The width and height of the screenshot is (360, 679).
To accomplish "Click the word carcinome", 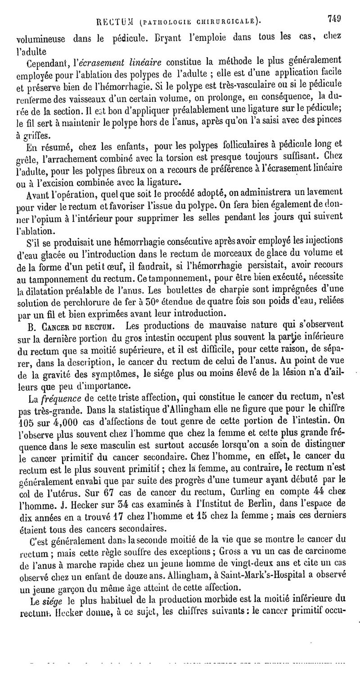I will (323, 552).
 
